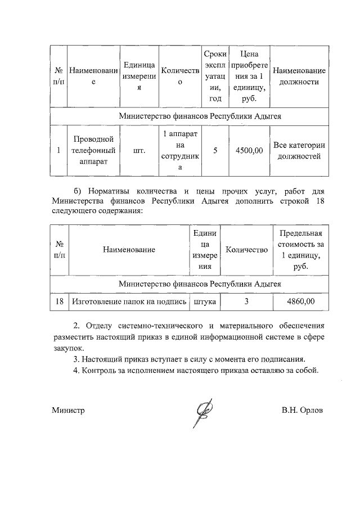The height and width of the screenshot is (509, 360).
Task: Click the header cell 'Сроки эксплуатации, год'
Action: point(215,76)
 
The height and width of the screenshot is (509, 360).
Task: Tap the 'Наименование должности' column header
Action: point(299,76)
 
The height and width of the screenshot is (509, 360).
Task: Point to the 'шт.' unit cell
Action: point(139,151)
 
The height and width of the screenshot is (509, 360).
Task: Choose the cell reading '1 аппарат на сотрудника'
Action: point(180,151)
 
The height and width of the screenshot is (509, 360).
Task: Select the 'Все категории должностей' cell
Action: point(299,151)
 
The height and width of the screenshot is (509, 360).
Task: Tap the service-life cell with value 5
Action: point(215,151)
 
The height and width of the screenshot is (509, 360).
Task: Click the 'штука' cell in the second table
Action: point(205,302)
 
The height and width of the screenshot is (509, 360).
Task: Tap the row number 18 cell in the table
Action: point(59,302)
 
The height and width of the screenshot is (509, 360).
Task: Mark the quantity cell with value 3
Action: point(246,302)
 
